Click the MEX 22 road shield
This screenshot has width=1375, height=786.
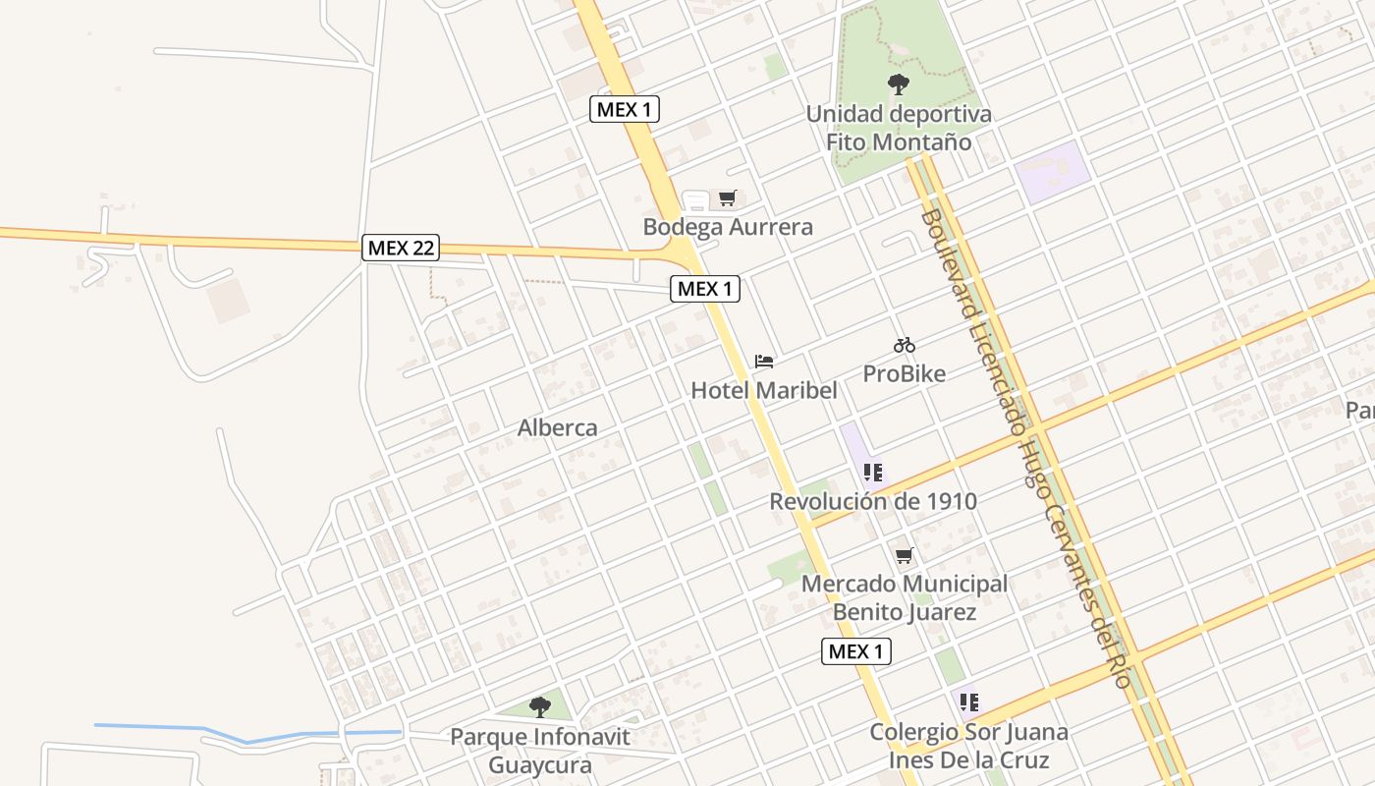[x=401, y=248]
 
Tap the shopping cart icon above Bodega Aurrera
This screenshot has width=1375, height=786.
[x=727, y=198]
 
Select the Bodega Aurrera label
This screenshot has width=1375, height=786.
[x=728, y=227]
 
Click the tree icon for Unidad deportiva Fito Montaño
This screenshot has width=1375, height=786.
[x=898, y=84]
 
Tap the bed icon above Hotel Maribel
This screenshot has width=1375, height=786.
[x=764, y=362]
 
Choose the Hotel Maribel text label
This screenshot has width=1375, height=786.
[x=764, y=390]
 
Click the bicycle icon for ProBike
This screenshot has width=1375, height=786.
[x=905, y=345]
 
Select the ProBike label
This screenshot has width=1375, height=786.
[x=905, y=373]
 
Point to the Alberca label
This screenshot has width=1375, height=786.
[x=557, y=427]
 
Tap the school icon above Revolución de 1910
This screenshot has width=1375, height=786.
[x=873, y=473]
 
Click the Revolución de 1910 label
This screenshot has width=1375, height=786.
[x=873, y=501]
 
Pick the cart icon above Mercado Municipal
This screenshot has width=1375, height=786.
[x=905, y=556]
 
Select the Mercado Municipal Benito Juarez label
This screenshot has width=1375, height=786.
[x=905, y=597]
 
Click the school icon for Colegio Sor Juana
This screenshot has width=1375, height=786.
[x=969, y=702]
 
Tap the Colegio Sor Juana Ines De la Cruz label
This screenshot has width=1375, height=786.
[x=969, y=746]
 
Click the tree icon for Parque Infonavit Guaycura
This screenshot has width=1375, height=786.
[x=539, y=706]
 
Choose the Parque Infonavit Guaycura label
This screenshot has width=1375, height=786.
[x=539, y=751]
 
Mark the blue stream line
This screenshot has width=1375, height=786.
[x=246, y=736]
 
